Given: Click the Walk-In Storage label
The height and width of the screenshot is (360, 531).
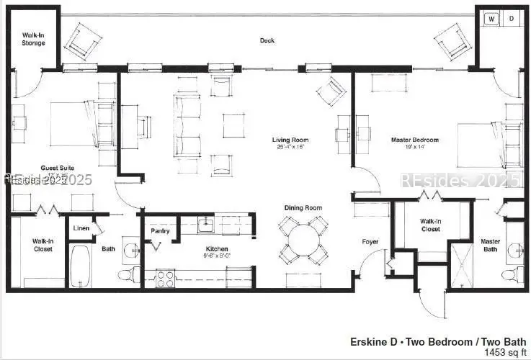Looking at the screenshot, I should pyautogui.click(x=32, y=39).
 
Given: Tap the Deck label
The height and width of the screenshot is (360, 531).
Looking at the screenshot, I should pyautogui.click(x=267, y=40).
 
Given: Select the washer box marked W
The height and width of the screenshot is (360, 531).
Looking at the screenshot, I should pyautogui.click(x=491, y=18).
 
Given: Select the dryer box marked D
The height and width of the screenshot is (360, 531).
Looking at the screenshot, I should pyautogui.click(x=512, y=18).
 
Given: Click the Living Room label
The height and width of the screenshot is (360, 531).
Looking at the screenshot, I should pyautogui.click(x=290, y=140).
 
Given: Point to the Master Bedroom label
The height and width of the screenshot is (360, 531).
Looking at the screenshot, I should pyautogui.click(x=414, y=140).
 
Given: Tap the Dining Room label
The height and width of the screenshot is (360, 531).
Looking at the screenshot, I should pyautogui.click(x=302, y=208).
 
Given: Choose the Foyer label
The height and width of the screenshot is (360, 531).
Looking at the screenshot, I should pyautogui.click(x=370, y=242).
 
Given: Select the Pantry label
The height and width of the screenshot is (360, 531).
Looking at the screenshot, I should pyautogui.click(x=160, y=231).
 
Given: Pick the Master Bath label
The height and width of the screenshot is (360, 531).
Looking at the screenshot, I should pyautogui.click(x=491, y=246).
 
